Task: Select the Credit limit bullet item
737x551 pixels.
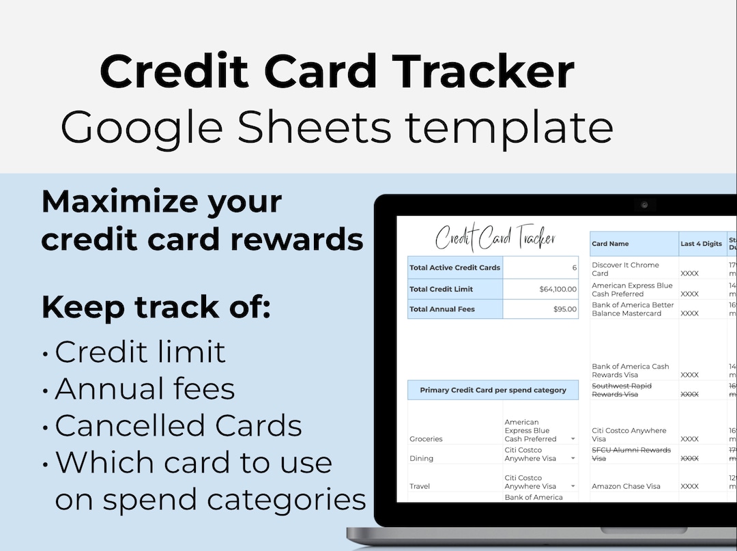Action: click(140, 352)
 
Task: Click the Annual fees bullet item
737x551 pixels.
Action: click(145, 389)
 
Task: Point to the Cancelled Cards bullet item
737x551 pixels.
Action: click(178, 426)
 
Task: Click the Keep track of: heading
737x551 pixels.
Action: click(156, 308)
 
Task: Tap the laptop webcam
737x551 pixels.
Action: click(644, 204)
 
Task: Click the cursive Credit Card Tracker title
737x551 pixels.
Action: click(495, 238)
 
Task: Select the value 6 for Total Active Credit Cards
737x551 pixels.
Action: click(574, 268)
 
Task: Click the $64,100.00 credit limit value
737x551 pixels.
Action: click(558, 289)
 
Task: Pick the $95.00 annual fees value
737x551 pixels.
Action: click(565, 309)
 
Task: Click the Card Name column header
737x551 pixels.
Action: click(610, 244)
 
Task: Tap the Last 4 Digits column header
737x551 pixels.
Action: click(701, 244)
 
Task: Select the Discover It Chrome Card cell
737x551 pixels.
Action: click(625, 269)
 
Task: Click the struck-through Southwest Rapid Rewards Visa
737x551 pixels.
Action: click(621, 390)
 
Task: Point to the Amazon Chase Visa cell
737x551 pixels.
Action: click(626, 487)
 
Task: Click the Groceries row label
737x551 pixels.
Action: click(426, 439)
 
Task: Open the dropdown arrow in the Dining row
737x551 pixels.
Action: click(573, 458)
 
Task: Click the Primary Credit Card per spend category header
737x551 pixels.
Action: click(493, 391)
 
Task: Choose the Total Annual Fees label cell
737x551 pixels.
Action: click(442, 309)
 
